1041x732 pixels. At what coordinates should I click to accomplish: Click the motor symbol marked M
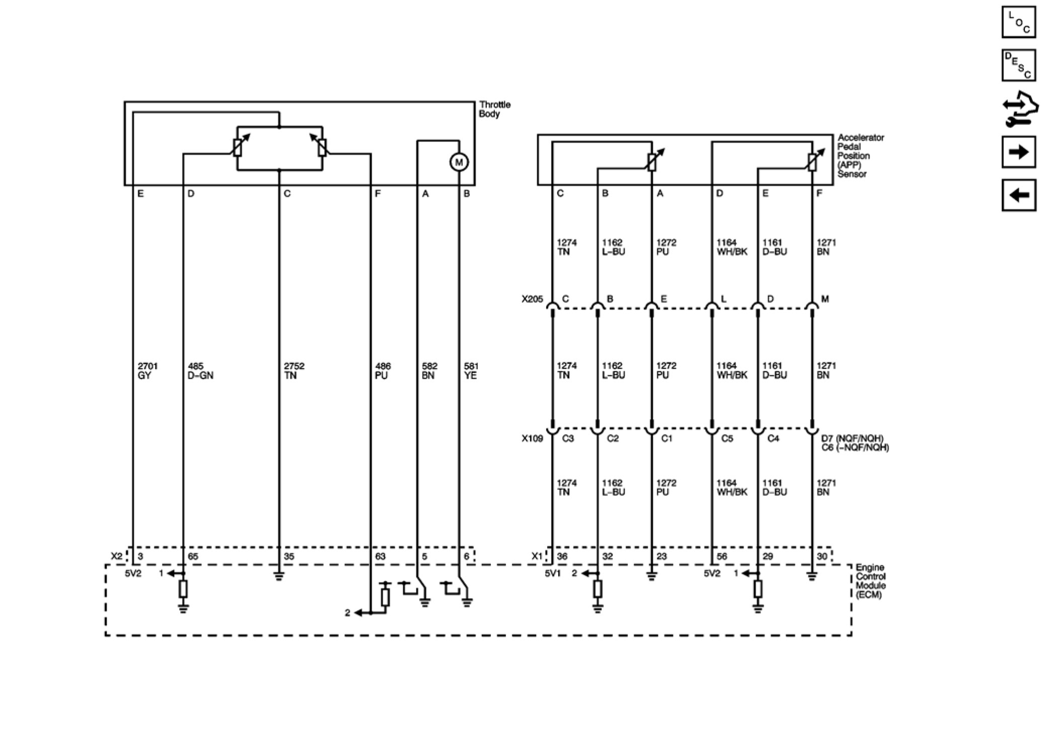[459, 162]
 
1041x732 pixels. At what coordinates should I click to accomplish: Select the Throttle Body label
[494, 109]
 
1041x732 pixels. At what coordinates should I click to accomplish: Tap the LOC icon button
[1018, 22]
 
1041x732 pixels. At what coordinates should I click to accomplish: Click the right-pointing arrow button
[1018, 152]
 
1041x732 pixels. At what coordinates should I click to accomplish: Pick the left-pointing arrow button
[1018, 195]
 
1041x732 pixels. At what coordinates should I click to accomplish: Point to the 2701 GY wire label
[147, 371]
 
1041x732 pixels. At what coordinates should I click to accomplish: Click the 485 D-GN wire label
[200, 371]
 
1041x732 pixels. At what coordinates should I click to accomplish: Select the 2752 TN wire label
[294, 371]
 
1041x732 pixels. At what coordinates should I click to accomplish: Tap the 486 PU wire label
[383, 371]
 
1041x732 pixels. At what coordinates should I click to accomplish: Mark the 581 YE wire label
[471, 371]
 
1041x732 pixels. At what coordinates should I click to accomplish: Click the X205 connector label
[532, 299]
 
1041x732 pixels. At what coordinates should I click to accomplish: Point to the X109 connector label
[532, 438]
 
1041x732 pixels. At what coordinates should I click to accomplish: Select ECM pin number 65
[193, 556]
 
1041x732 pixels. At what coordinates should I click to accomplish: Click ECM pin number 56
[722, 556]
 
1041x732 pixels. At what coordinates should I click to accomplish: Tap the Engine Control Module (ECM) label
[870, 581]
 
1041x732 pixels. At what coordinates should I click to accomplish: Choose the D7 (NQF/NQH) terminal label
[852, 438]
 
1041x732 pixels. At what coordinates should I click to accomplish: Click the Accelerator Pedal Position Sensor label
[860, 156]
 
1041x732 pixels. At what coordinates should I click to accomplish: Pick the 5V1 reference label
[552, 573]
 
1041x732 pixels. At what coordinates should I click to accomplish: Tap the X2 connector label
[116, 556]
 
